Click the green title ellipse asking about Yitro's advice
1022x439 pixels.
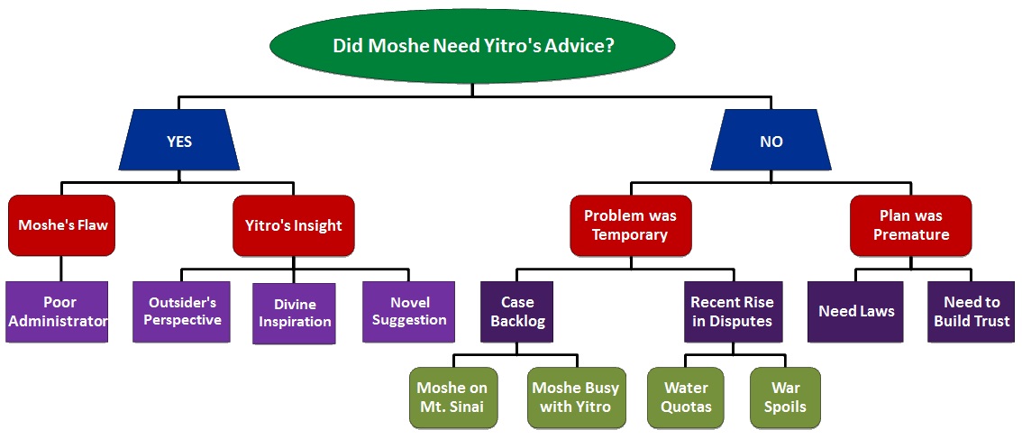coord(473,45)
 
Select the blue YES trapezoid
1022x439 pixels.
coord(179,141)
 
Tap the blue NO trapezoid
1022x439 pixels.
coord(771,141)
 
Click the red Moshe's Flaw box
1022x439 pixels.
coord(62,225)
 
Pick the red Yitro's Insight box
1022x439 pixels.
coord(294,225)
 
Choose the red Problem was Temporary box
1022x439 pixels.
coord(630,225)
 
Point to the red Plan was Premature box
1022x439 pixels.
coord(911,225)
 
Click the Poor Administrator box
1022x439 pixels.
coord(57,312)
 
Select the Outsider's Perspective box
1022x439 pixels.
coord(184,312)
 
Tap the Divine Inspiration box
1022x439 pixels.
coord(294,313)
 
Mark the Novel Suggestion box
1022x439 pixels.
coord(409,312)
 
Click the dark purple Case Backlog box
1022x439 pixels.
coord(518,312)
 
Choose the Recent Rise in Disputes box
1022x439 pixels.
coord(732,312)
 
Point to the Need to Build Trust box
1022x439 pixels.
coord(972,312)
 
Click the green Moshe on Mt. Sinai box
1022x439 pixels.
coord(452,397)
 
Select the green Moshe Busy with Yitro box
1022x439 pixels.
coord(575,397)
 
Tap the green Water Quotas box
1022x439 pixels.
coord(687,397)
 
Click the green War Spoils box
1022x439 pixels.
coord(785,397)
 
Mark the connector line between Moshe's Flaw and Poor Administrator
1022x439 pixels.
coord(62,269)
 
